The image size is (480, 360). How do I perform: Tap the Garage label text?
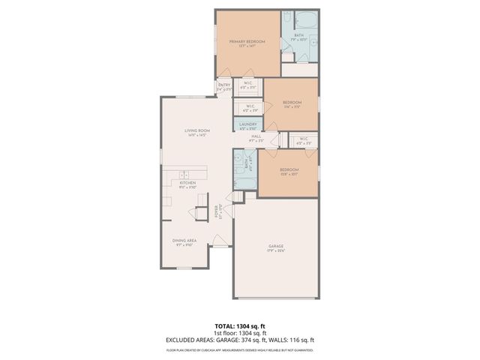point(277,246)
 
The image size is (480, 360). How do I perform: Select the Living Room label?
point(196,131)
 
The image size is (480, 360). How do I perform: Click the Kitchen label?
point(187,182)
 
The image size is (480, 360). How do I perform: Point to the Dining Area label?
point(184,241)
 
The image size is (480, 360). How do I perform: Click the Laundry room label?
point(248,124)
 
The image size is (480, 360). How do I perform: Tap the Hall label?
point(256,136)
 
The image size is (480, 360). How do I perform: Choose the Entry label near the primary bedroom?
point(223,85)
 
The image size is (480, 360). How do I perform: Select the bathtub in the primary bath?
point(307,20)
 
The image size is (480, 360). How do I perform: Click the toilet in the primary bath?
point(288,50)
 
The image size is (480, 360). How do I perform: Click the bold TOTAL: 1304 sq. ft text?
point(240,327)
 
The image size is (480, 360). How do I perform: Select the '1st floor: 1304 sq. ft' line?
point(240,334)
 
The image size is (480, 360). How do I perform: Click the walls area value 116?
point(304,340)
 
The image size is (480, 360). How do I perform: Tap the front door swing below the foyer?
point(218,241)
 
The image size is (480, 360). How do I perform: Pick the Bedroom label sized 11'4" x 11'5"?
point(292,103)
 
